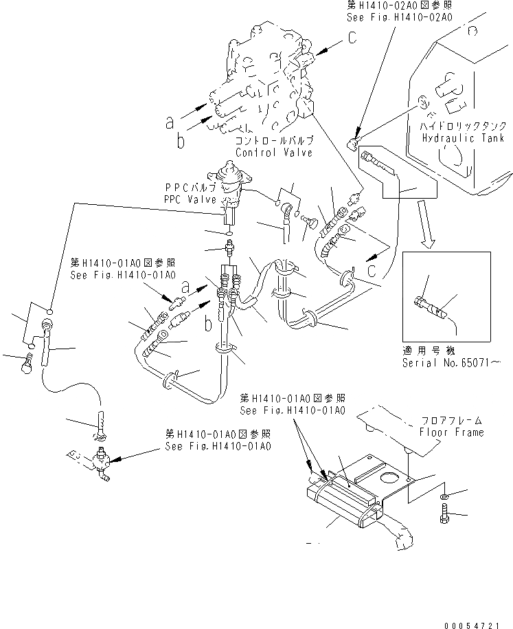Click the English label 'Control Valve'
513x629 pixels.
273,153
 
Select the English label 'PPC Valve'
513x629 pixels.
190,199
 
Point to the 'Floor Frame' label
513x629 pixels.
451,432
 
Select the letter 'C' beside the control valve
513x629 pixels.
352,39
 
